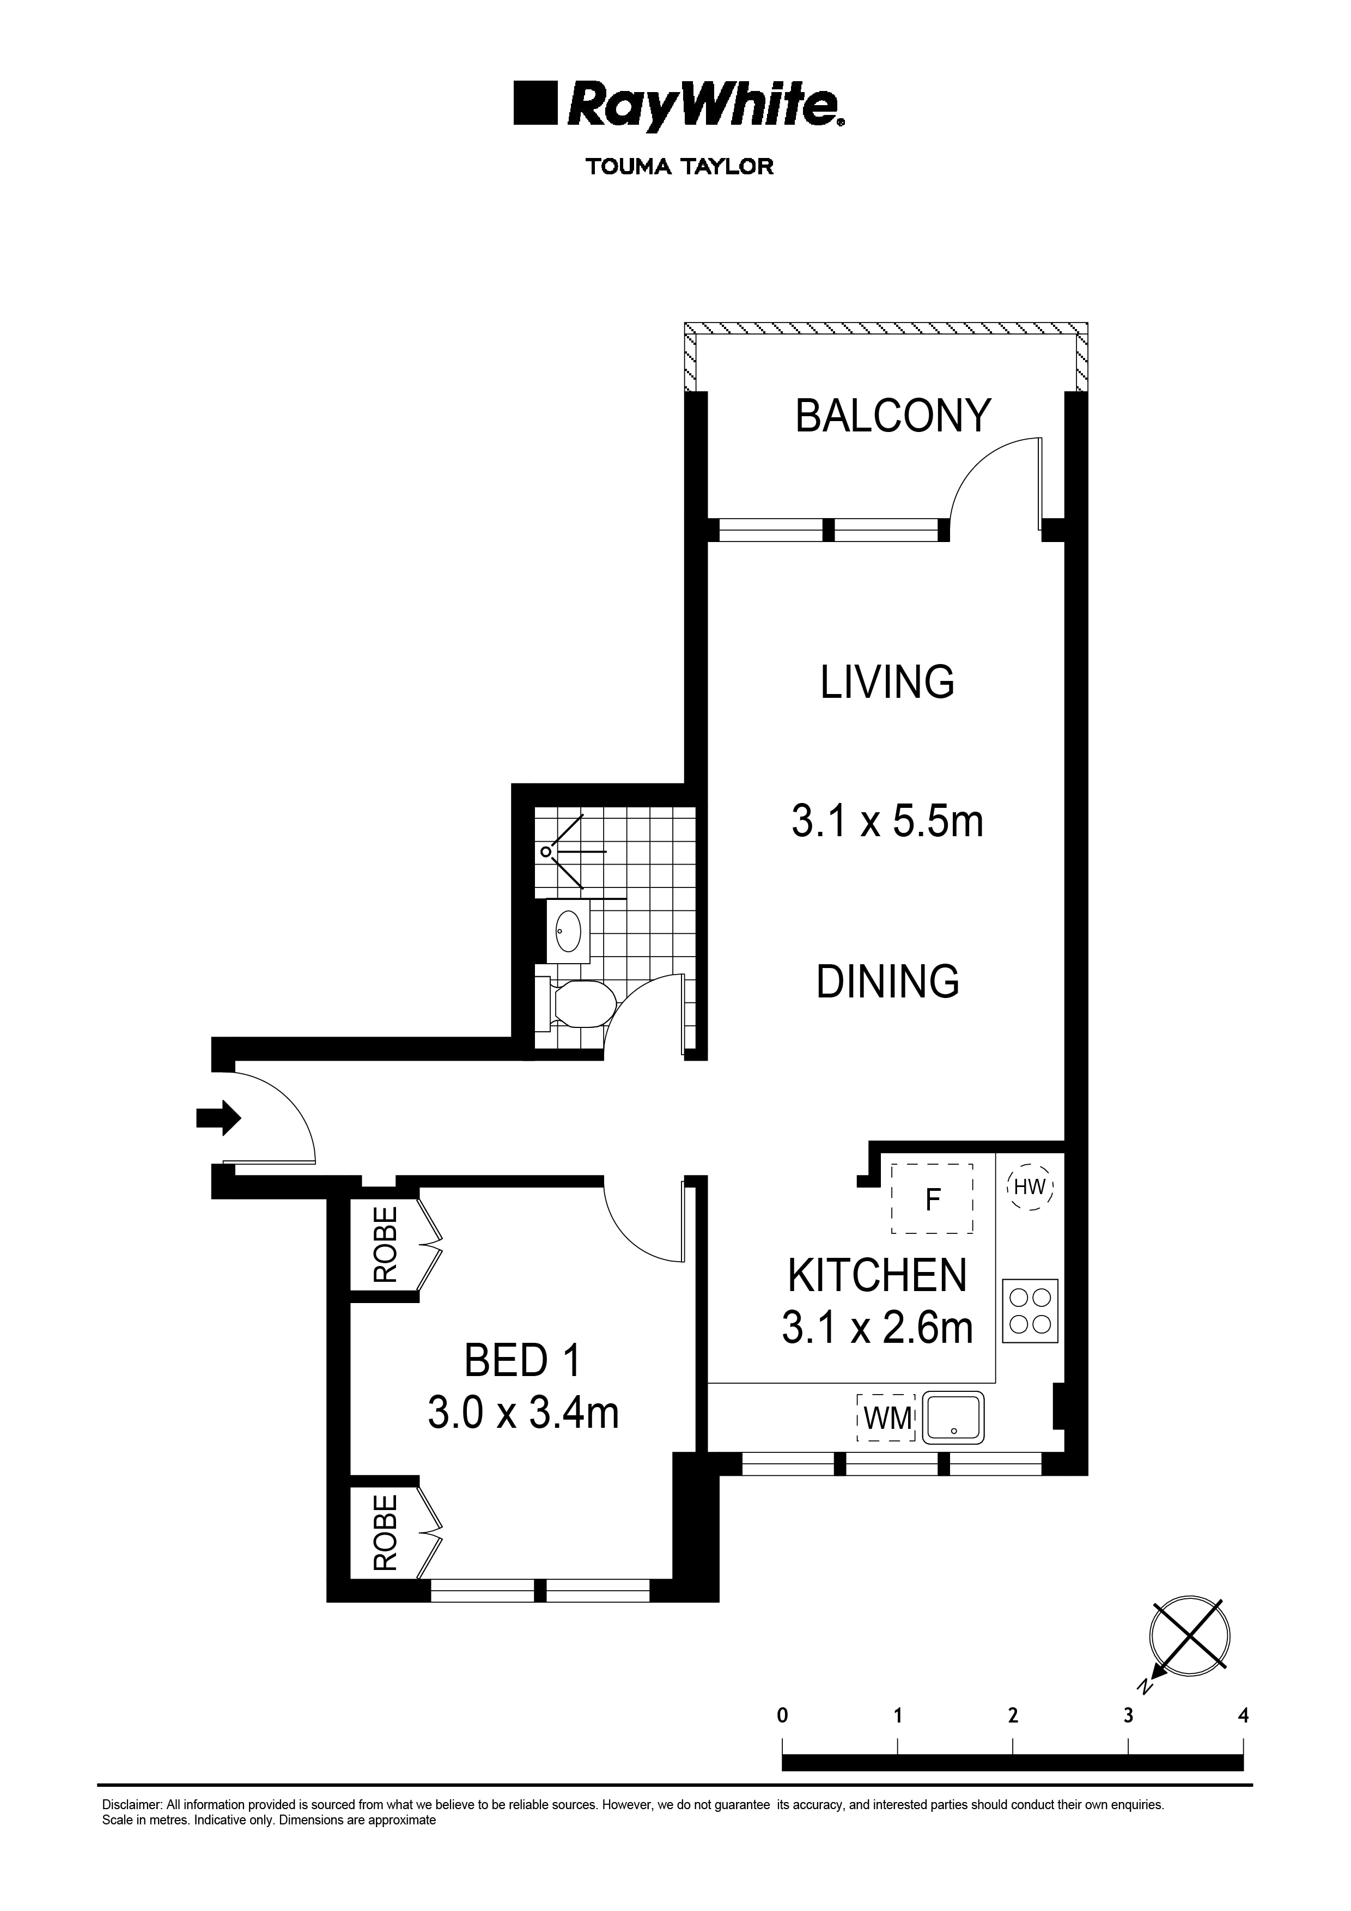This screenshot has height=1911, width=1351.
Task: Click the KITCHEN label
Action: tap(878, 1275)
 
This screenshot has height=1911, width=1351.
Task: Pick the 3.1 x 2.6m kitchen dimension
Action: tap(878, 1328)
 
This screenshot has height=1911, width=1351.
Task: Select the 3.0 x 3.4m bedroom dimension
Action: tap(523, 1413)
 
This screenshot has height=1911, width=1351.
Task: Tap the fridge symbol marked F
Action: tap(932, 1200)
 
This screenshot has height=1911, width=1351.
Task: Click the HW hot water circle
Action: tap(1030, 1188)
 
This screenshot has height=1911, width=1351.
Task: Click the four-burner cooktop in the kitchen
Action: tap(1030, 1310)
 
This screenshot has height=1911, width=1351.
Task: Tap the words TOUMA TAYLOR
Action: tap(679, 167)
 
